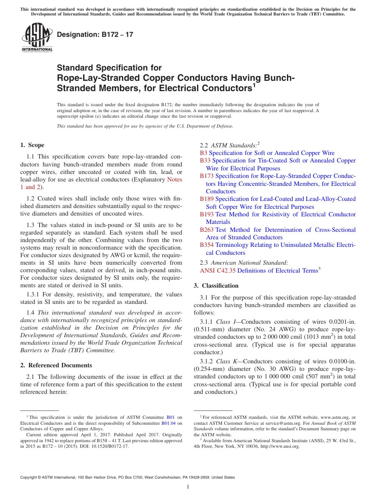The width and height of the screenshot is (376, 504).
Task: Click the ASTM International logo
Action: (37, 38)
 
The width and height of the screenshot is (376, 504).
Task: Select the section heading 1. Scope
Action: (32, 145)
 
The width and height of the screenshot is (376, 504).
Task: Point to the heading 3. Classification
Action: (216, 286)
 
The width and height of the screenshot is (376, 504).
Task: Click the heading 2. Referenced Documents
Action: (56, 365)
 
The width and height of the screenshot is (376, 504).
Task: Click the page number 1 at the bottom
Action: (188, 487)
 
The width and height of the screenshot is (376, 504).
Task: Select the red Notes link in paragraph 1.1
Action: (175, 179)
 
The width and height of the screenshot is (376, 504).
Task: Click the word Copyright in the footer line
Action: (30, 477)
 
